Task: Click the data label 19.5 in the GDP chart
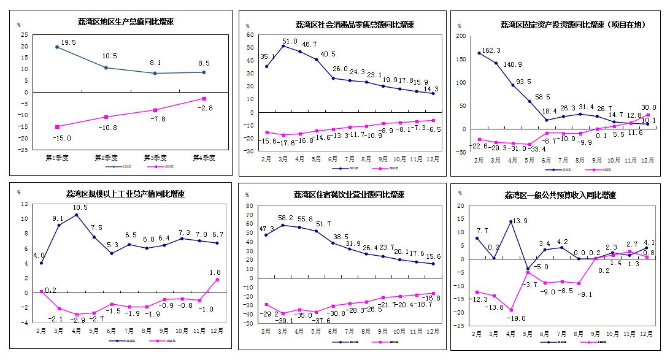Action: point(68,42)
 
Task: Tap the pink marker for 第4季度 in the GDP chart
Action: point(204,98)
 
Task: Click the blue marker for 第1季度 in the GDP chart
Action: point(57,47)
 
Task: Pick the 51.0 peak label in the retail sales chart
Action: point(290,41)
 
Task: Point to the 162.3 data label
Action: point(492,50)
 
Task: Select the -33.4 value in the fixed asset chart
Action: point(537,149)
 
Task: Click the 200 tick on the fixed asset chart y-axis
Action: point(461,36)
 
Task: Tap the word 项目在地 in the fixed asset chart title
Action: point(627,25)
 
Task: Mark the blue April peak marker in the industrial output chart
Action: point(77,215)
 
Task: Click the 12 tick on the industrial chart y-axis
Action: point(24,204)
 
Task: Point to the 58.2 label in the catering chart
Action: point(286,218)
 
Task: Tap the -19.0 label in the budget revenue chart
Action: point(515,319)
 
